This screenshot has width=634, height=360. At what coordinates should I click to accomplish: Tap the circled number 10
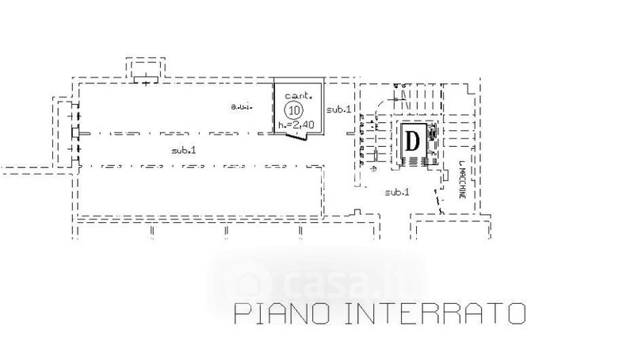coord(295,109)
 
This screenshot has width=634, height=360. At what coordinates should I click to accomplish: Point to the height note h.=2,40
coord(295,125)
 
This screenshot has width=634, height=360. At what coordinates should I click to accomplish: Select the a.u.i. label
coord(241,106)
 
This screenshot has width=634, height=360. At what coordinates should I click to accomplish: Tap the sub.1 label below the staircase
coord(396,193)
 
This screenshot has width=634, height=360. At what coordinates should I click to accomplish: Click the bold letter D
coord(413,141)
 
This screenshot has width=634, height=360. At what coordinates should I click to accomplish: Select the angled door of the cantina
coord(296,137)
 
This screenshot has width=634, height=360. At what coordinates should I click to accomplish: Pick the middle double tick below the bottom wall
coord(227,232)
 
